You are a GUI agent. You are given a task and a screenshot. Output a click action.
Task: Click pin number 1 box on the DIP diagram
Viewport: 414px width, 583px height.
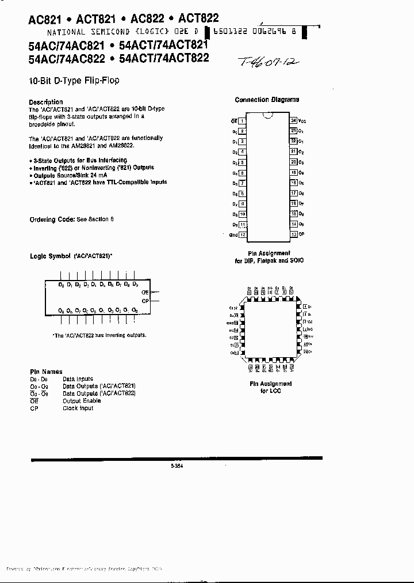(243, 122)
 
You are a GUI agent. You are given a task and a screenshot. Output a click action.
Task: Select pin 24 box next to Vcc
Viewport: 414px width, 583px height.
(293, 120)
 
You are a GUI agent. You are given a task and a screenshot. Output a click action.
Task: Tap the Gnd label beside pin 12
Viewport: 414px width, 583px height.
(233, 235)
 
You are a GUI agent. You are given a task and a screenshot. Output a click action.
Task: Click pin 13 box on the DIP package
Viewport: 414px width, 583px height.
(293, 234)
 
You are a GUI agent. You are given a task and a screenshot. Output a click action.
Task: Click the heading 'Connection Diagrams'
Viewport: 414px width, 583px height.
(267, 100)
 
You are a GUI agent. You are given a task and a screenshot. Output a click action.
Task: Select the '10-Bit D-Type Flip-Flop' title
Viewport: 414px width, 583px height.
(74, 81)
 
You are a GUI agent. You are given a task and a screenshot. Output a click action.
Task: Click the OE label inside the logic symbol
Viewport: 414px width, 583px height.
(145, 293)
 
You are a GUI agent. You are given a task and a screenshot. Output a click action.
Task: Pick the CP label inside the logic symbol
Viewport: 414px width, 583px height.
(145, 301)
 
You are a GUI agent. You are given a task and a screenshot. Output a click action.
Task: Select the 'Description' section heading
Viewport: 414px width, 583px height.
(45, 102)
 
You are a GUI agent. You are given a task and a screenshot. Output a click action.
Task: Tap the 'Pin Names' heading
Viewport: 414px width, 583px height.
(46, 372)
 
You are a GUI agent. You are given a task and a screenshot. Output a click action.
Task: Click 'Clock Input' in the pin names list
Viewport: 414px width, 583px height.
(78, 408)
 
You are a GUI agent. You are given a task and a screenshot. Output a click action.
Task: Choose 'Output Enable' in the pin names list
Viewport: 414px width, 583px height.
(81, 401)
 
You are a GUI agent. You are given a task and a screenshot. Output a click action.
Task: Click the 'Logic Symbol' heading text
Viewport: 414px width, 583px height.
(50, 255)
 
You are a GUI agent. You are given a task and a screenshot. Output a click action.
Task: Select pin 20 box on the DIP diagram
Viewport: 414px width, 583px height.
(293, 162)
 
